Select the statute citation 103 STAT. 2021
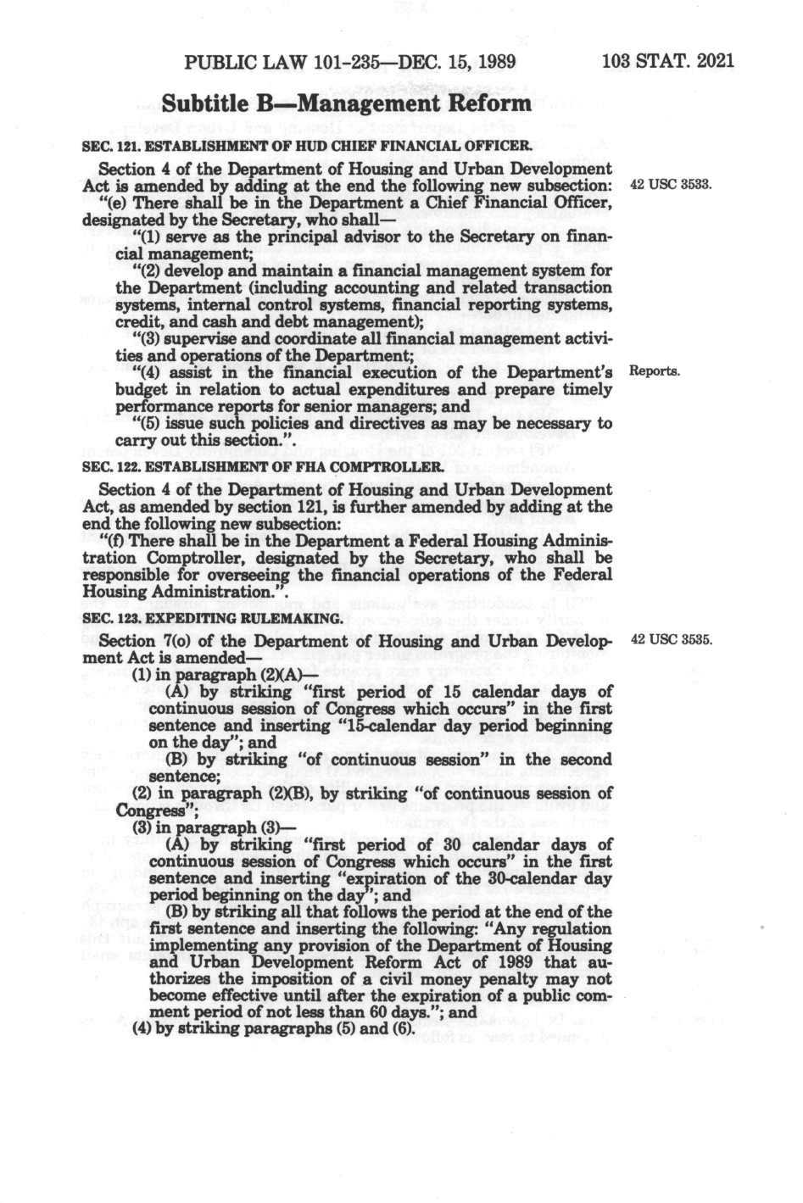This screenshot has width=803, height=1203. (666, 62)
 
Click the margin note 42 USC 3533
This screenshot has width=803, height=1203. (669, 184)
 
